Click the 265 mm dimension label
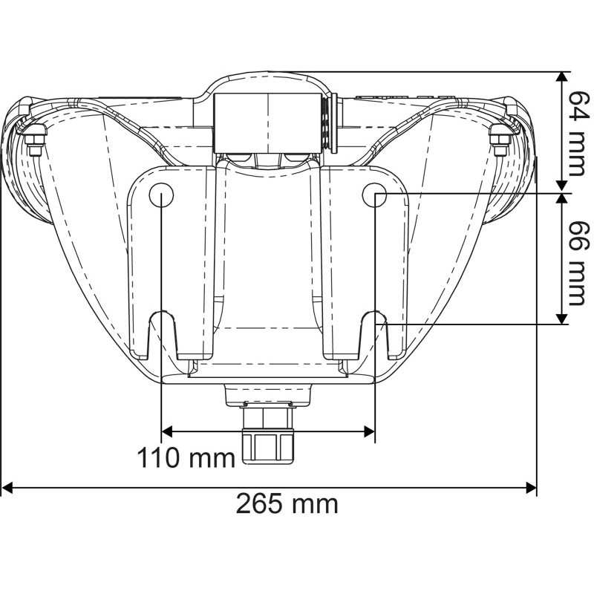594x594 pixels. click(287, 504)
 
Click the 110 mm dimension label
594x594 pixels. click(185, 457)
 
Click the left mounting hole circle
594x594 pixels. click(161, 195)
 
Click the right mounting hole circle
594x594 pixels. click(374, 195)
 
